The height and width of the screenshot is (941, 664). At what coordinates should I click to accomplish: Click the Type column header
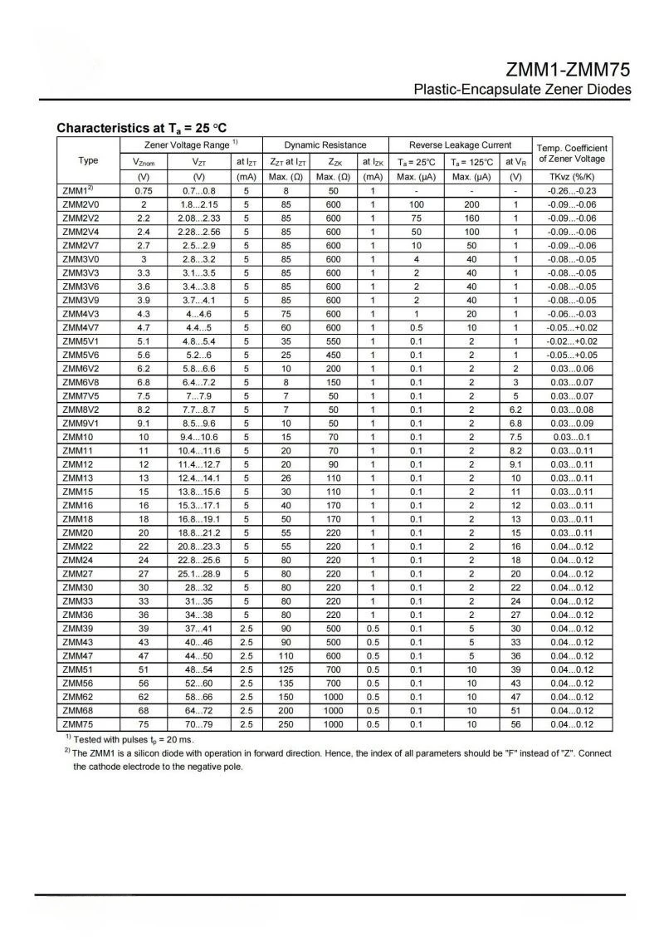tap(88, 160)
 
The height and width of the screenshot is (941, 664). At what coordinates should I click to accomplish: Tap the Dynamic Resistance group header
tap(325, 145)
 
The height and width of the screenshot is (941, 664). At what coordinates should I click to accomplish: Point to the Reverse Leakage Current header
tap(460, 145)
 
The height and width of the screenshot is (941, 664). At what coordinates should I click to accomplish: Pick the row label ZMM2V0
tap(81, 203)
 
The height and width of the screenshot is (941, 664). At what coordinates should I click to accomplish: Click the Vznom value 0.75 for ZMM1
tap(144, 190)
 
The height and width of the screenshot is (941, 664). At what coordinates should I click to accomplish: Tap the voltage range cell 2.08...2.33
tap(199, 218)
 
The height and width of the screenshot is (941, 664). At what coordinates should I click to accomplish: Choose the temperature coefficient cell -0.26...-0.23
tap(572, 190)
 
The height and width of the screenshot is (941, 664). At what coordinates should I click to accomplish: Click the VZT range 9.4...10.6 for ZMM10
tap(199, 437)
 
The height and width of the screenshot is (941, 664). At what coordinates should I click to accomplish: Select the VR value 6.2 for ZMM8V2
tap(515, 409)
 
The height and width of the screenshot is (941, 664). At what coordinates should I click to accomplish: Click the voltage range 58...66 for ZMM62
tap(199, 697)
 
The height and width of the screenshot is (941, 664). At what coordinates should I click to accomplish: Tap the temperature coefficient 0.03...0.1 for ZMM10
tap(572, 437)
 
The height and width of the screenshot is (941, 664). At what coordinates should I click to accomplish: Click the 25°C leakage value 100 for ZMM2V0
tap(417, 203)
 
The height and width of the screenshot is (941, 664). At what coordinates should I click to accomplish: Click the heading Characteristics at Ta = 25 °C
tap(141, 129)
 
